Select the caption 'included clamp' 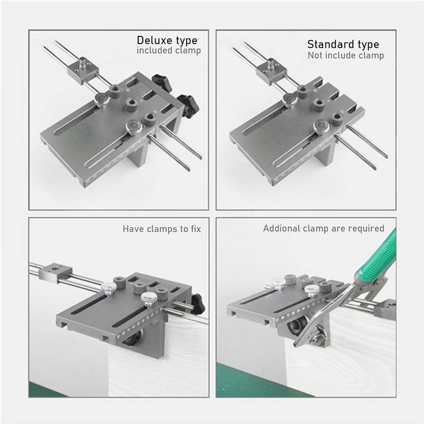tap(169, 51)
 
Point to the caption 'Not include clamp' tap(345, 55)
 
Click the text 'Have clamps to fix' tap(162, 229)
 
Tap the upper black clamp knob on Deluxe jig tap(162, 82)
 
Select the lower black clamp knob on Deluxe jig tap(189, 106)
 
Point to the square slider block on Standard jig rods tap(272, 70)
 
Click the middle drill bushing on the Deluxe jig tap(132, 104)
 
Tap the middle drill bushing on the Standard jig tap(319, 104)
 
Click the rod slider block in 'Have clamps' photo tap(55, 272)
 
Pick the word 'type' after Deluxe tap(187, 41)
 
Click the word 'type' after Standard tap(368, 45)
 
